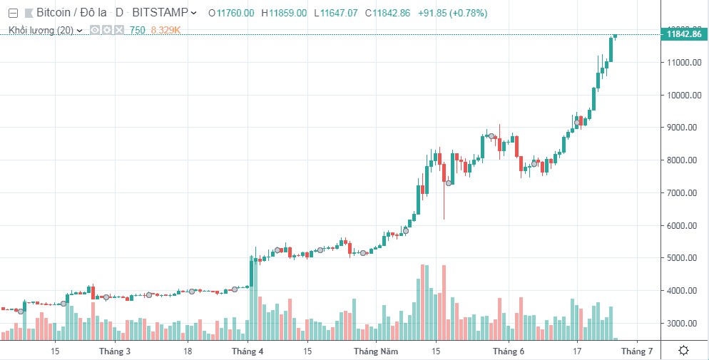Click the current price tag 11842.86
coord(683,34)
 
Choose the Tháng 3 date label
coord(115,351)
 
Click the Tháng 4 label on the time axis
coord(248,351)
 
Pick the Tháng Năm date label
coord(375,351)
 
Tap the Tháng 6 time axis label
coord(508,351)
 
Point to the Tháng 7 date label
coord(636,351)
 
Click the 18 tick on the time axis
coord(188,351)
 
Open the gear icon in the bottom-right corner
coord(683,351)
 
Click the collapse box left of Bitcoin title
coord(12,13)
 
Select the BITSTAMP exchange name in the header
coord(160,13)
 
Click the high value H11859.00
coord(284,13)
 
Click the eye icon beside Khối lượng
coord(95,30)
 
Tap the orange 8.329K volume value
coord(165,30)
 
